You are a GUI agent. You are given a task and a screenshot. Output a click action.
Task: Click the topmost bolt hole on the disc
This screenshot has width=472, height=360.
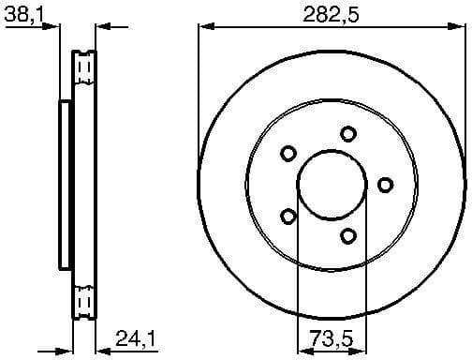point(348,133)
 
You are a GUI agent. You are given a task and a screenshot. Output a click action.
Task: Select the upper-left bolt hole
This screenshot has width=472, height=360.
point(288,153)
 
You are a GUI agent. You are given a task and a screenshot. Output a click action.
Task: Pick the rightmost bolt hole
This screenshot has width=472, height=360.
point(385,184)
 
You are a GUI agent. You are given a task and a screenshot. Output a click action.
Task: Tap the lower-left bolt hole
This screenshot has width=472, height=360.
point(288,217)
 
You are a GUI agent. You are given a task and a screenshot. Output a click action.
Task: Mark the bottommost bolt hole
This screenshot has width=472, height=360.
point(348,235)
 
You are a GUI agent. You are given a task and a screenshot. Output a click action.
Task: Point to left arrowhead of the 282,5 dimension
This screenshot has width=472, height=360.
point(203,28)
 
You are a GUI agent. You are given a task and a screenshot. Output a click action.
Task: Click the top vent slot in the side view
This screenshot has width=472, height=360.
point(85,67)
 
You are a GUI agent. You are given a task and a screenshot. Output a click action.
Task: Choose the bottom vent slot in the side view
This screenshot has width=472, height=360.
point(85,301)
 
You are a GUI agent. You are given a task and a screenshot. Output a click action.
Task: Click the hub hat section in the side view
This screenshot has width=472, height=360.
point(65,184)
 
